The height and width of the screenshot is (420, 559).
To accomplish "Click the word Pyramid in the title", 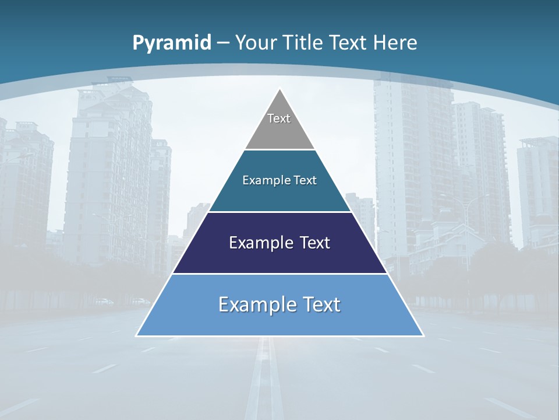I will point(172,43).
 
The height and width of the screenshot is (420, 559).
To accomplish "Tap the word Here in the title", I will point(395,43).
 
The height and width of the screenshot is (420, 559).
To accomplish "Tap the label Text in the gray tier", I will point(279,118).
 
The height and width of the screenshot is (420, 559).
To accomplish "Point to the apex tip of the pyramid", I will point(280,89).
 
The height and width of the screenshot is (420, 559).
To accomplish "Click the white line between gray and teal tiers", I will point(279,150).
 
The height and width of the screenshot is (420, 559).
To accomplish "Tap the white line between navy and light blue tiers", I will point(279,274).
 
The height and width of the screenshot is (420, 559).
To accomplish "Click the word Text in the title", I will point(349,43).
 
